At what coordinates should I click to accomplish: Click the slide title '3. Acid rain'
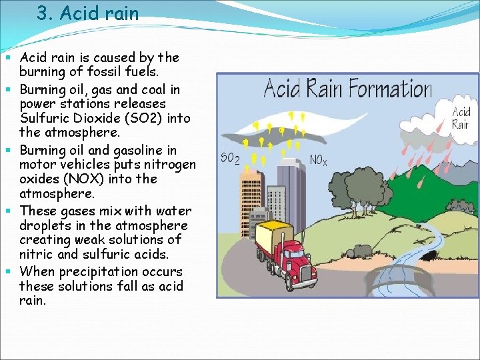pos(88,14)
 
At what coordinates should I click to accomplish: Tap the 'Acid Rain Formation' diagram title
pos(347,88)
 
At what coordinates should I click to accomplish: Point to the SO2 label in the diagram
pos(230,159)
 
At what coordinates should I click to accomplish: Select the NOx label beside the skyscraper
pos(319,160)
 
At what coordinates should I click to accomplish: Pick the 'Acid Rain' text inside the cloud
pos(461,118)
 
